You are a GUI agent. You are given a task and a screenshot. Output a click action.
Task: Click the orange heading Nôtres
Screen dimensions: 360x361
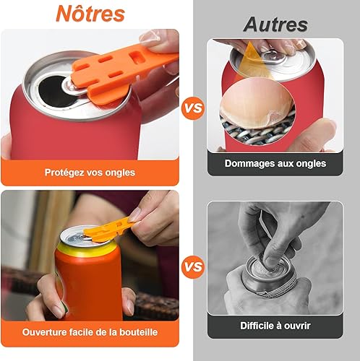(90, 14)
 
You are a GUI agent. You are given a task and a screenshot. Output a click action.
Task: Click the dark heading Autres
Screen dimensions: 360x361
(275, 25)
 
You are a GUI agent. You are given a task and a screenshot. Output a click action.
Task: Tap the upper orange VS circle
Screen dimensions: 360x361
(193, 108)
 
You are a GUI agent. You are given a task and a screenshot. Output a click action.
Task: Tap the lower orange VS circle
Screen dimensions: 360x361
(193, 266)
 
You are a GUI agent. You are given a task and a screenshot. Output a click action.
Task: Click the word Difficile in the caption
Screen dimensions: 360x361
(257, 326)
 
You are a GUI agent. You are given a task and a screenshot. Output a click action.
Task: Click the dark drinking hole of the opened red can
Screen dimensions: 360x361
(54, 90)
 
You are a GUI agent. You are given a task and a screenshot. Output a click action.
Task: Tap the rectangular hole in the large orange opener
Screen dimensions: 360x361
(137, 57)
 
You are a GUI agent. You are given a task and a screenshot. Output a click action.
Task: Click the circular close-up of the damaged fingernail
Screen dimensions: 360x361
(257, 112)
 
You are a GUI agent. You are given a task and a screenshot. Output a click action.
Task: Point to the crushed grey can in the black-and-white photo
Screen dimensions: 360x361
(267, 277)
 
